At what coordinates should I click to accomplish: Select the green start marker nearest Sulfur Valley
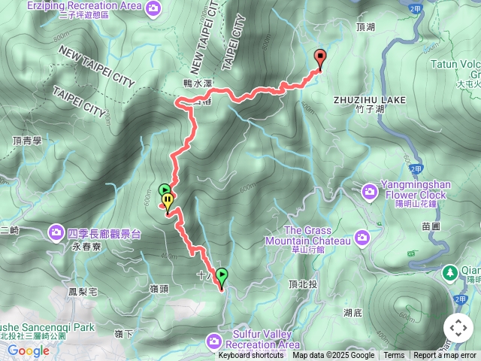click(222, 276)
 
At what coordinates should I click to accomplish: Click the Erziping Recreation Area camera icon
click(154, 7)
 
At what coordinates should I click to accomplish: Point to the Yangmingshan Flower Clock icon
click(370, 191)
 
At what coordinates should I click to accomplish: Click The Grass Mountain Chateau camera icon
click(363, 238)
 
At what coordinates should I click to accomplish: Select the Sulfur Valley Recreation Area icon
click(214, 342)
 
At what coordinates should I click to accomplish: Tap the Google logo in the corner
click(28, 350)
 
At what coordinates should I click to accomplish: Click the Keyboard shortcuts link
click(251, 356)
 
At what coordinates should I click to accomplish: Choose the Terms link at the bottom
click(394, 356)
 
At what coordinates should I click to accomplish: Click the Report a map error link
click(445, 356)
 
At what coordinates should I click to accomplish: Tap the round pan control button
click(458, 329)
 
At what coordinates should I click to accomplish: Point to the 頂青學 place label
click(27, 140)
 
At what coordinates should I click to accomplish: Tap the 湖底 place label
click(352, 311)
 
